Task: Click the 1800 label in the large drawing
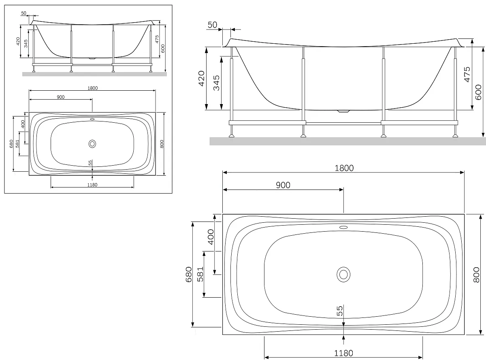pyautogui.click(x=344, y=168)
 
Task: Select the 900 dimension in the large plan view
pyautogui.click(x=283, y=185)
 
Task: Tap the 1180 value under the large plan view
pyautogui.click(x=343, y=353)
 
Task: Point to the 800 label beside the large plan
pyautogui.click(x=476, y=275)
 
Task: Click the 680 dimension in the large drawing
pyautogui.click(x=189, y=274)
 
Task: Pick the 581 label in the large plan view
pyautogui.click(x=200, y=274)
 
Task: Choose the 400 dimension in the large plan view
pyautogui.click(x=211, y=236)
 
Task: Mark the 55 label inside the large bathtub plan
pyautogui.click(x=339, y=311)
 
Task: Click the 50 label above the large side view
pyautogui.click(x=212, y=25)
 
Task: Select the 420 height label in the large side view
pyautogui.click(x=201, y=78)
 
